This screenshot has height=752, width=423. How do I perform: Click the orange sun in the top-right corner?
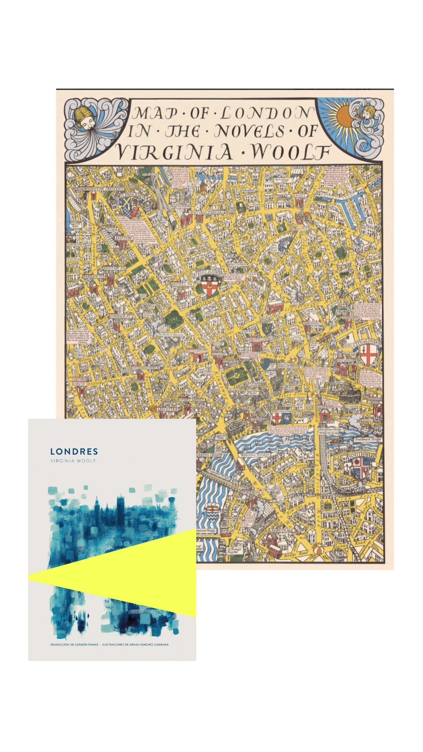[343, 115]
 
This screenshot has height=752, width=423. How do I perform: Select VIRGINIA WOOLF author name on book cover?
[73, 461]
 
